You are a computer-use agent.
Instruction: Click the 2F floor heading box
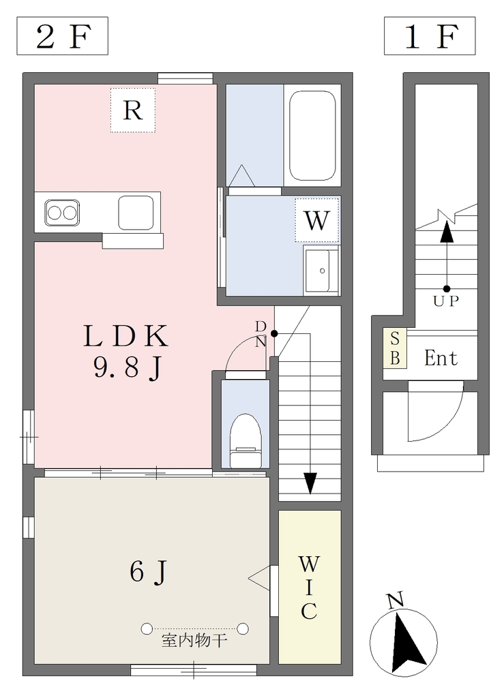point(62,36)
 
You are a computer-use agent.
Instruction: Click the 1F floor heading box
point(430,36)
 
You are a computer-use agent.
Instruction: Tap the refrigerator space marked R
point(133,110)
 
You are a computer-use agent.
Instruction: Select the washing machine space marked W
point(316,220)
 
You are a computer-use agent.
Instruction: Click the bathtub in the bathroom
point(312,136)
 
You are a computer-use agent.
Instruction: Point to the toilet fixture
point(245,441)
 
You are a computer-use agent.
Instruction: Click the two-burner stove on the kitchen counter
point(62,213)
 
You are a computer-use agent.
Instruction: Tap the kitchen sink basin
point(136,213)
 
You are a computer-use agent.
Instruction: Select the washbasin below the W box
point(321,270)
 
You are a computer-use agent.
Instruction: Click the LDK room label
point(126,336)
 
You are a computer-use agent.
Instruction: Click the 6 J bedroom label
point(148,572)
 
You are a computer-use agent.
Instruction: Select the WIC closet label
point(309,588)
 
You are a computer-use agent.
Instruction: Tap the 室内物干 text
point(194,641)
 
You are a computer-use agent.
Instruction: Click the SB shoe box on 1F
point(395,348)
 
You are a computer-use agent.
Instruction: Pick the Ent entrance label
point(441,358)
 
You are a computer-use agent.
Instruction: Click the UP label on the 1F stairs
point(446,301)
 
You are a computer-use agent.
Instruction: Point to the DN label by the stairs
point(261,334)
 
